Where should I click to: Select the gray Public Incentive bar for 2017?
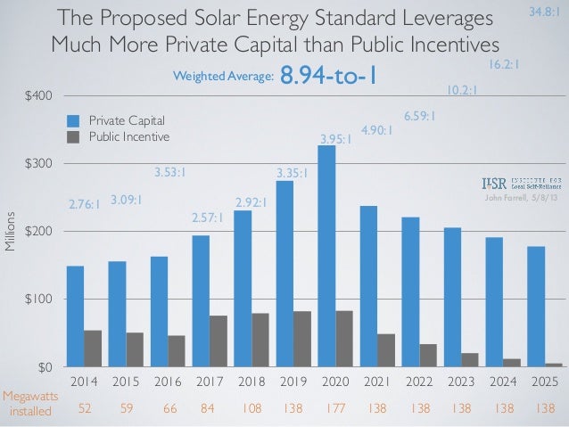217,341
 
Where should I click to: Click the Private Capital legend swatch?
74,120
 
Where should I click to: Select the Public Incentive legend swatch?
74,137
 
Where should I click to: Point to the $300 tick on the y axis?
37,164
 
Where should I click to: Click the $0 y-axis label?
42,366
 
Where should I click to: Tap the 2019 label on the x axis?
293,382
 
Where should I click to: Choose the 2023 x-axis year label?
461,382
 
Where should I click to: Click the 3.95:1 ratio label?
336,139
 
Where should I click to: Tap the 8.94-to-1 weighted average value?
327,78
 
